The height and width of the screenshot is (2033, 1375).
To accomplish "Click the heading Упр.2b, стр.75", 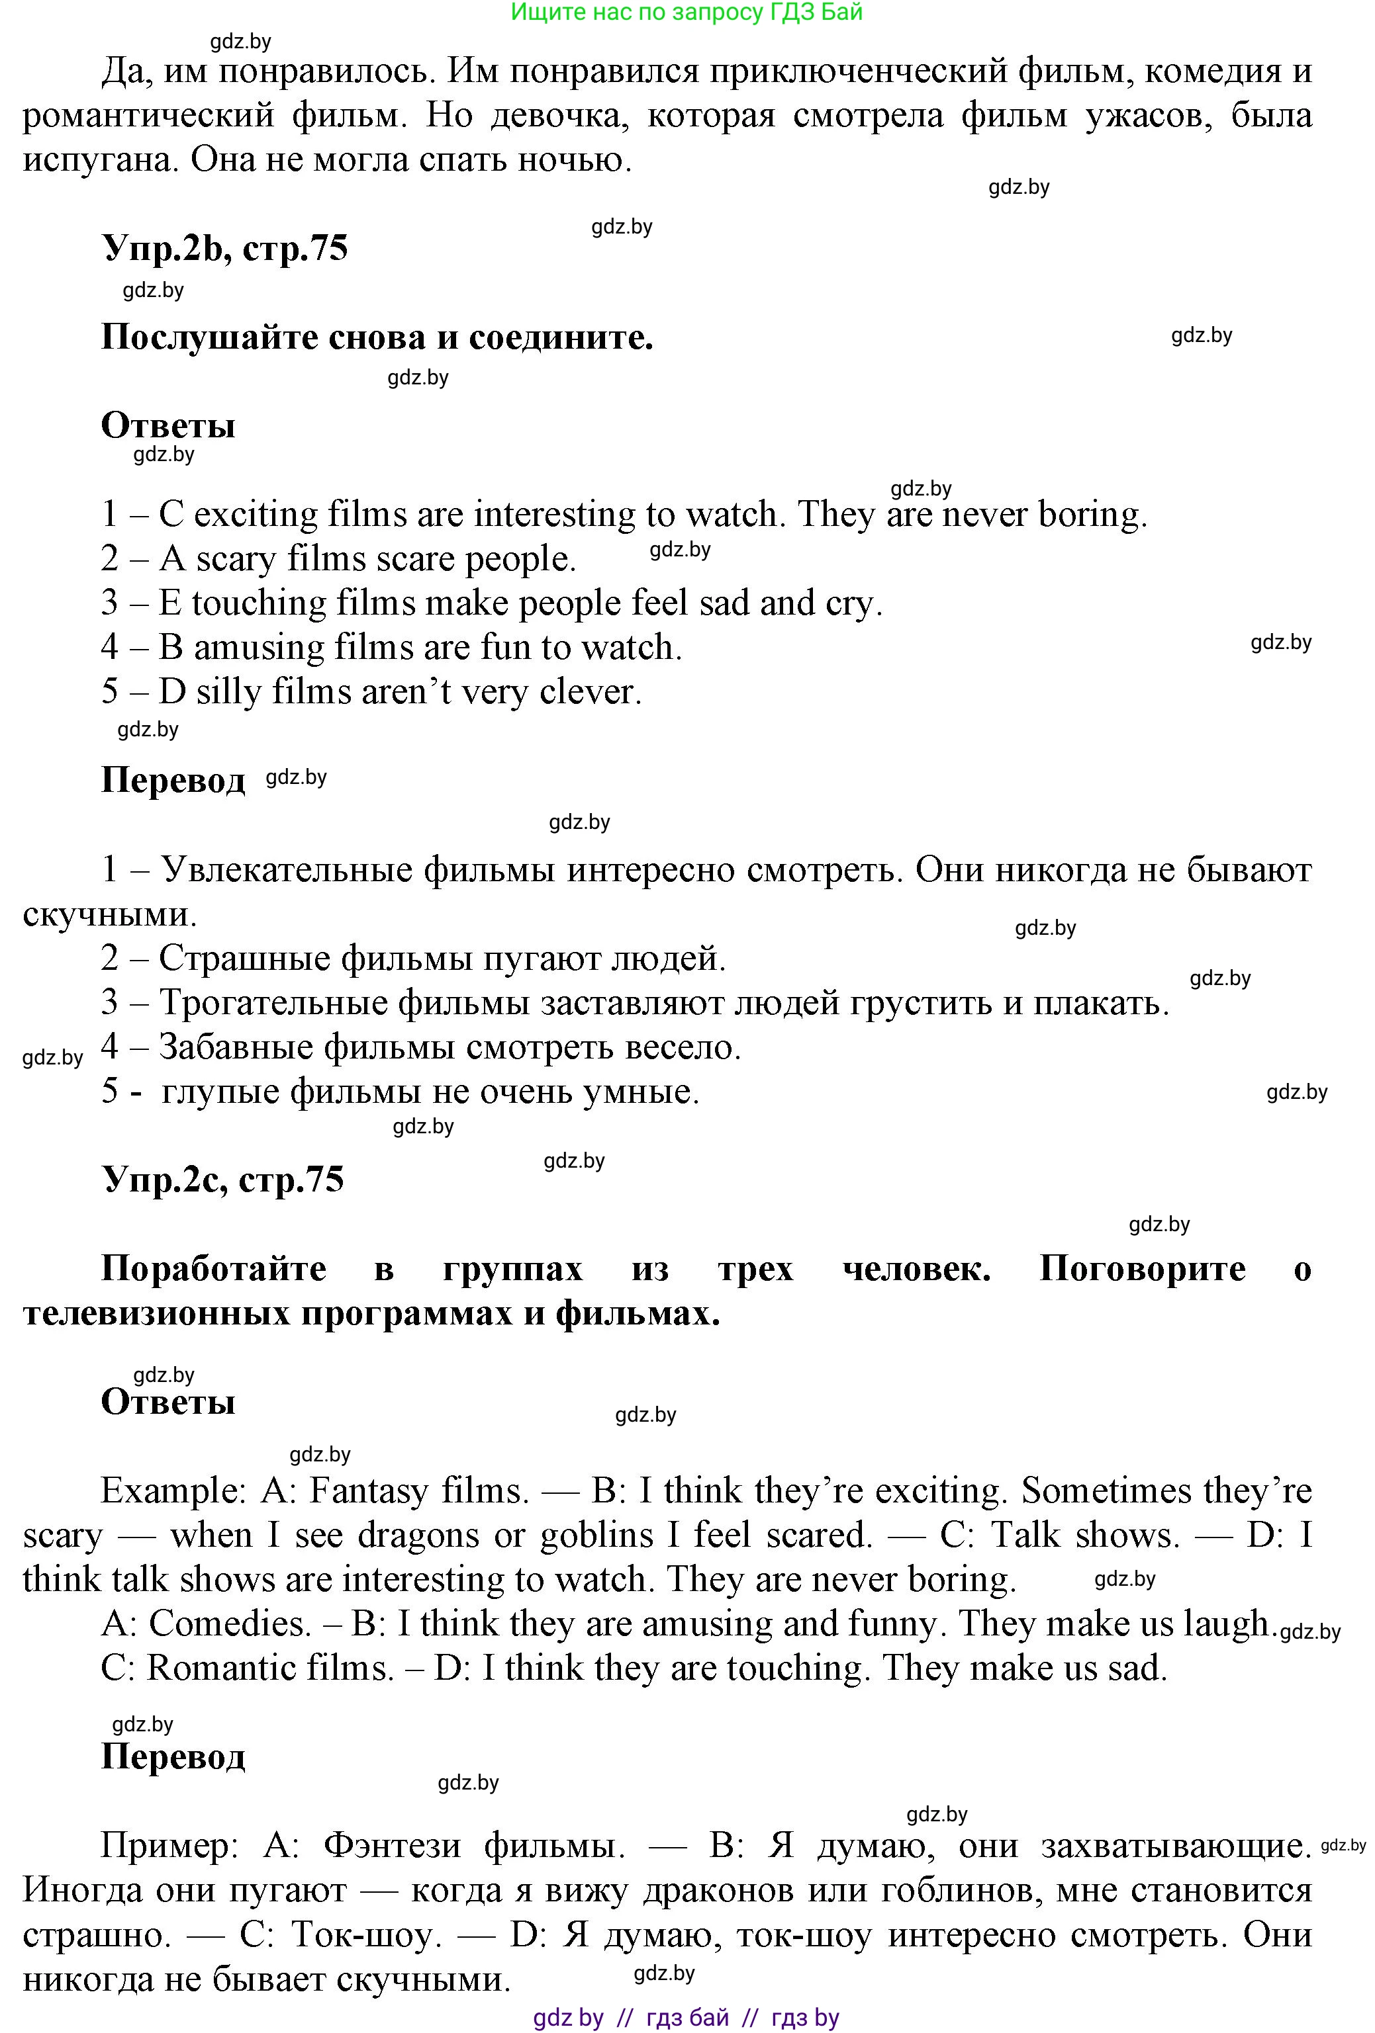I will coord(225,249).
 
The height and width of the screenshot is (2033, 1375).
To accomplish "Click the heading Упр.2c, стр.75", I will coord(223,1179).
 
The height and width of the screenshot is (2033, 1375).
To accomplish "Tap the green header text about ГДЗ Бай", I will coord(687,13).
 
